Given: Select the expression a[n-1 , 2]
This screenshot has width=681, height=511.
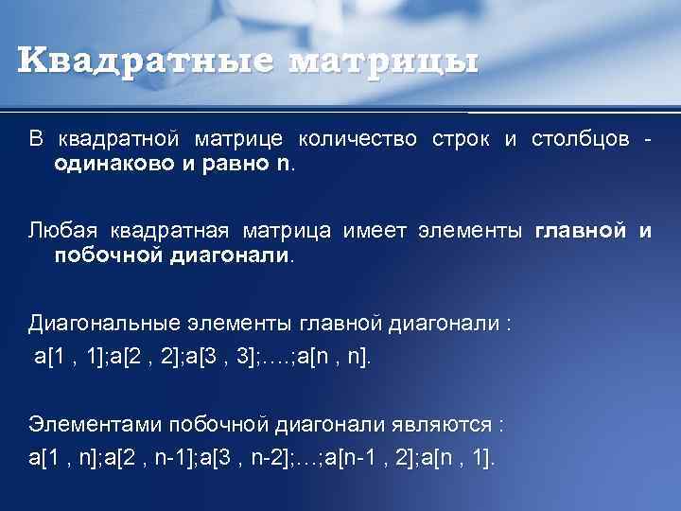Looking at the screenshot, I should (364, 457).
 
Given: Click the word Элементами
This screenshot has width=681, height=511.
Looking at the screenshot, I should (89, 424).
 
